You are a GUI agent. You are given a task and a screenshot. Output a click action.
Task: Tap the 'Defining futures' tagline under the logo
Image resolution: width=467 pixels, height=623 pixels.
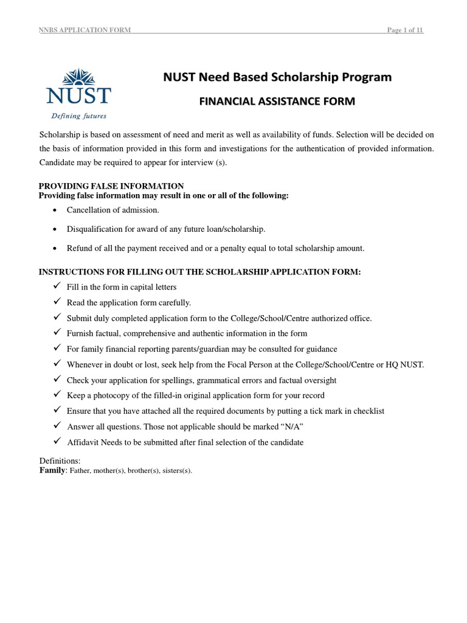[78, 115]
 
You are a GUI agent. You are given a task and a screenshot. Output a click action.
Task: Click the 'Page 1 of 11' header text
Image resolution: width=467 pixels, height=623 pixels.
[405, 31]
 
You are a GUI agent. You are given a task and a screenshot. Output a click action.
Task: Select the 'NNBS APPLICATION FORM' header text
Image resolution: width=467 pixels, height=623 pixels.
[85, 31]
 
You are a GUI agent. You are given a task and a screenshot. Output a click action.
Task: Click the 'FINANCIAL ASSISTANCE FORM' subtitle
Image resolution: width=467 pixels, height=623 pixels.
[277, 101]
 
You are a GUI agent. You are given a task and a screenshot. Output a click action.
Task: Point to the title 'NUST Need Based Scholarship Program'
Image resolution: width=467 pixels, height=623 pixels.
[277, 77]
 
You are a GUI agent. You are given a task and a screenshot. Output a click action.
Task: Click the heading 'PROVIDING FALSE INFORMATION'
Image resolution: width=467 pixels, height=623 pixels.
[111, 186]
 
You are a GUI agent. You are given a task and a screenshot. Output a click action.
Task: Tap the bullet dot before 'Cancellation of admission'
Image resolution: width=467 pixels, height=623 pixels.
[56, 210]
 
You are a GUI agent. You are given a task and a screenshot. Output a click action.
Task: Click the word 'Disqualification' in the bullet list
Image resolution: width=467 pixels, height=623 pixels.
[93, 229]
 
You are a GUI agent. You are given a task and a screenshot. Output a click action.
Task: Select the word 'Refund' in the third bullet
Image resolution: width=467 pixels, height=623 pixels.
[79, 248]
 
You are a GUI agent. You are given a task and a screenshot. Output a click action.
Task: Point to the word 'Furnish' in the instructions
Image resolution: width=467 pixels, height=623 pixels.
[80, 333]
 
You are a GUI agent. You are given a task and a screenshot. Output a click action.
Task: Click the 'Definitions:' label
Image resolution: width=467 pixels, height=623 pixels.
[60, 461]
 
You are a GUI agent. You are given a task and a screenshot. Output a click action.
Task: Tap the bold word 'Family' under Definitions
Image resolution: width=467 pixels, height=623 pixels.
[52, 470]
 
